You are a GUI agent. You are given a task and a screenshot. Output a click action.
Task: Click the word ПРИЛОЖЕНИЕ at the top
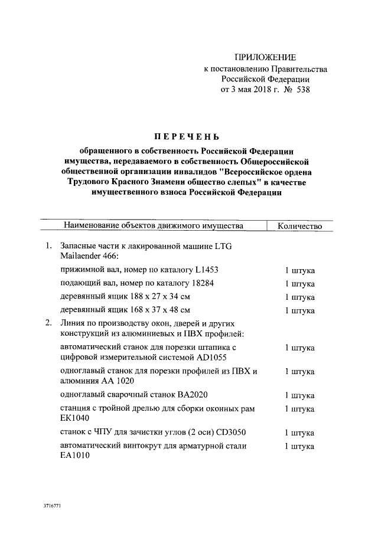[x=265, y=57]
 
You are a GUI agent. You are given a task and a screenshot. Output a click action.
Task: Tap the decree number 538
[x=300, y=90]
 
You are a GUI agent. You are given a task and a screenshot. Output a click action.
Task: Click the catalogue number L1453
[x=205, y=270]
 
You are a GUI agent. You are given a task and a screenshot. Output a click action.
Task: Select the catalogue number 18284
[x=200, y=284]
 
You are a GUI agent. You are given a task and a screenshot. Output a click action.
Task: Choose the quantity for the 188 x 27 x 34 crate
[x=300, y=297]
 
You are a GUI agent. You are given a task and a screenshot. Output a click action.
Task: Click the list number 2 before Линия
[x=48, y=323]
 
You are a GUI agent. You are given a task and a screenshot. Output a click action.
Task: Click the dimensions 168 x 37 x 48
[x=156, y=310]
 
